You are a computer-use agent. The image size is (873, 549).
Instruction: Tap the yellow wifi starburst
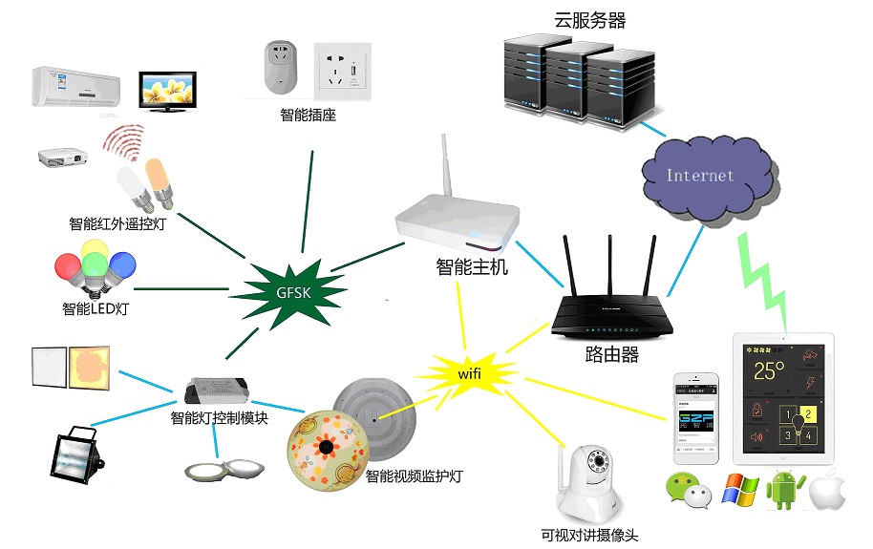coord(468,372)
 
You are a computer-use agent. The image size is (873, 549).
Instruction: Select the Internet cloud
coord(702,175)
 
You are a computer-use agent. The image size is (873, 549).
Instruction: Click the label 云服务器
coord(589,20)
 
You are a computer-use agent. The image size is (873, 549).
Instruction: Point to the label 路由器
coord(611,355)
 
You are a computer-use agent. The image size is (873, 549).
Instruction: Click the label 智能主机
coord(472,268)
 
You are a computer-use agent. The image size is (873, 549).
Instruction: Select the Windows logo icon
coord(739,491)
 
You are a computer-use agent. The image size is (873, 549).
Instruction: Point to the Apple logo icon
coord(828,491)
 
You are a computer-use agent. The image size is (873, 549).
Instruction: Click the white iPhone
coord(694,416)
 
